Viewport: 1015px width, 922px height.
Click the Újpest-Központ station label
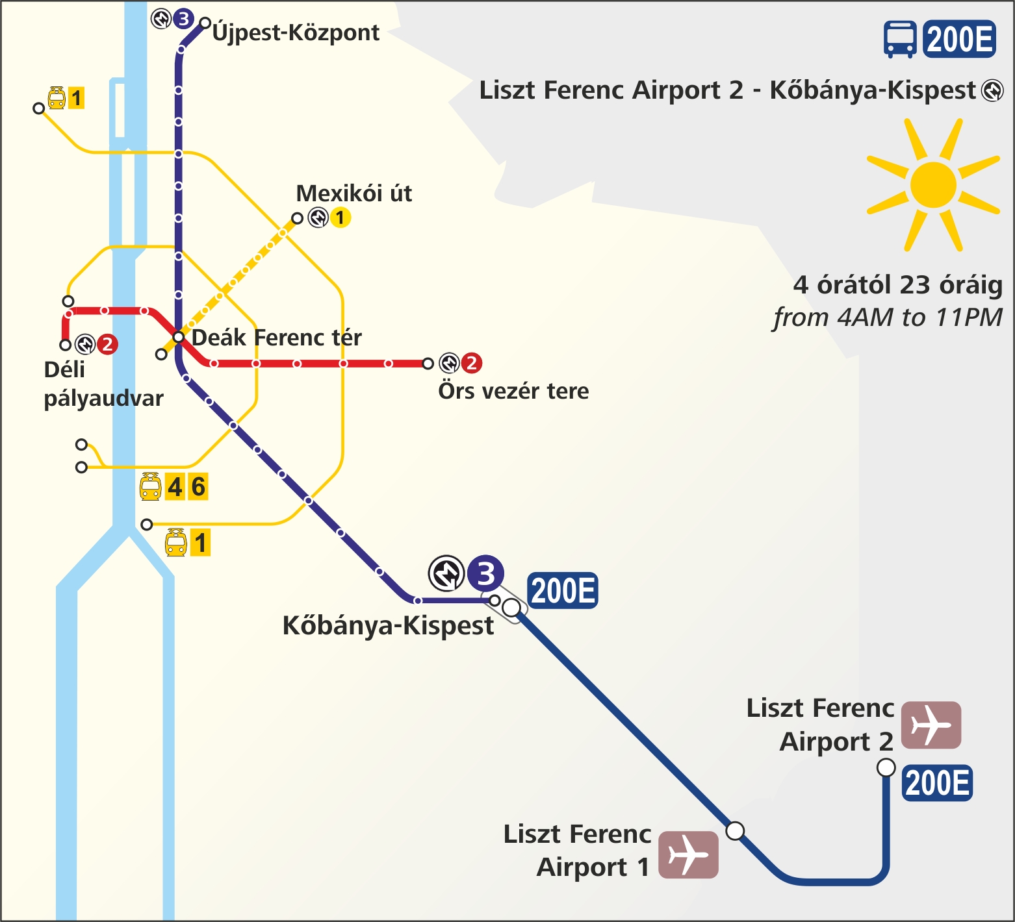tap(296, 32)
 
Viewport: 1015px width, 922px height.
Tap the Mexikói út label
tap(353, 193)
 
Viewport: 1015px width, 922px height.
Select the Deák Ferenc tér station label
tap(276, 338)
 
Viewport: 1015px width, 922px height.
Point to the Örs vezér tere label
tap(513, 391)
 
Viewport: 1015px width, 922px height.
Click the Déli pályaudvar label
tap(103, 384)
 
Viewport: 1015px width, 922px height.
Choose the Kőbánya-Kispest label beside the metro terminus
tap(388, 625)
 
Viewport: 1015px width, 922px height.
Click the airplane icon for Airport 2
tap(931, 725)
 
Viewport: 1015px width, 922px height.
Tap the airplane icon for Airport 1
tap(688, 854)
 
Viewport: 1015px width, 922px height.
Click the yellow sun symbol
tap(933, 185)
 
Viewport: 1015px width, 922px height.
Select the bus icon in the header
tap(900, 39)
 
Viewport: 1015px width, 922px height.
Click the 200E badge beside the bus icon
tap(959, 39)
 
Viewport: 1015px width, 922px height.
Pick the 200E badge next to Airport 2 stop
tap(937, 782)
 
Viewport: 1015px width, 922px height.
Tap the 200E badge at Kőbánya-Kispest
tap(563, 591)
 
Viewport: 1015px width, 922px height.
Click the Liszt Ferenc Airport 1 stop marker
tap(735, 830)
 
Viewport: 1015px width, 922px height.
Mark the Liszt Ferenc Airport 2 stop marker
tap(886, 767)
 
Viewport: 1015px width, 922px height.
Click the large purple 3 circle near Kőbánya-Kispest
tap(485, 573)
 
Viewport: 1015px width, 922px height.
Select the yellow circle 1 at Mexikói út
tap(340, 218)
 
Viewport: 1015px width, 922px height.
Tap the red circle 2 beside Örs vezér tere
tap(471, 363)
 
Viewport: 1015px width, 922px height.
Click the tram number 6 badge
tap(198, 486)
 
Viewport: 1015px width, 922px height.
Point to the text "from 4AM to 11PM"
tap(887, 318)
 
